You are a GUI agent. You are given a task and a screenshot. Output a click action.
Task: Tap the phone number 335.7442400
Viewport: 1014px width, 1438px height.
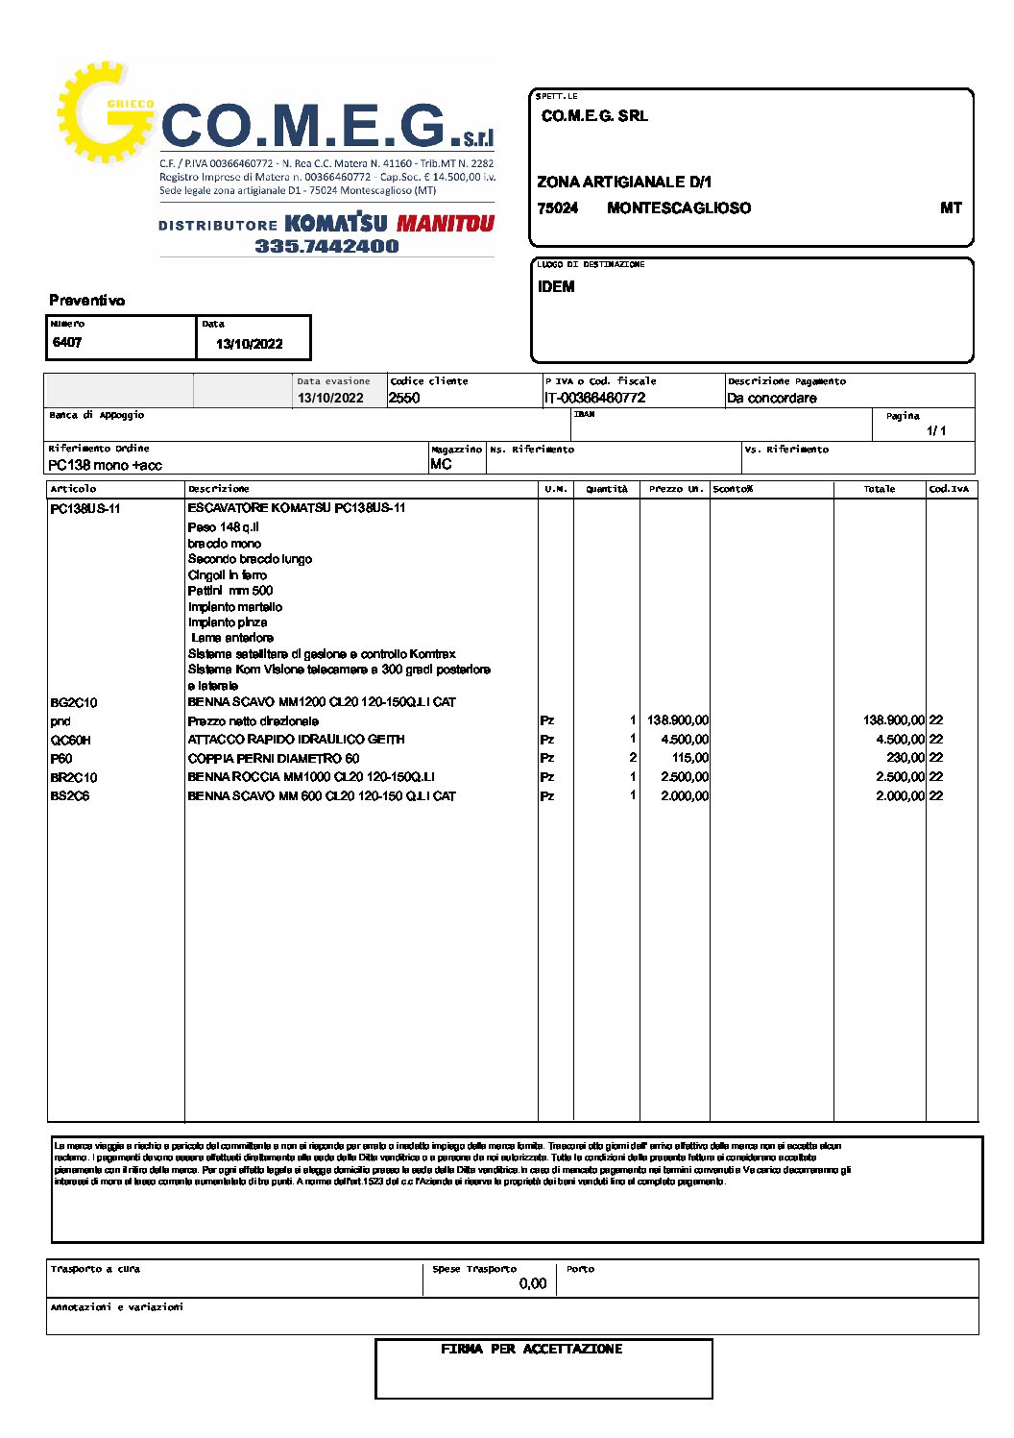(x=326, y=246)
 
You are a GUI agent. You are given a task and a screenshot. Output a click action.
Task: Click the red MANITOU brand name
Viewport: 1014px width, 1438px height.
(x=446, y=224)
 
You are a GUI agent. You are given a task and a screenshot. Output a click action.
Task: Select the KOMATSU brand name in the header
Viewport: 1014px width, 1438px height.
(x=336, y=224)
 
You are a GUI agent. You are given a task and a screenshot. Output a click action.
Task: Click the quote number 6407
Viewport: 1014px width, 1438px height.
(x=67, y=343)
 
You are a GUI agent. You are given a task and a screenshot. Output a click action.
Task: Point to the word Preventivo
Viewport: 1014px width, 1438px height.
(x=87, y=301)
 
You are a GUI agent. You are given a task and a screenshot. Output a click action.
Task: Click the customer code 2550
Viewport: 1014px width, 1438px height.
(x=404, y=398)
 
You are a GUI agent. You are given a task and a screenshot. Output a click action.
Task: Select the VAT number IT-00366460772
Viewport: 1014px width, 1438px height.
(x=595, y=398)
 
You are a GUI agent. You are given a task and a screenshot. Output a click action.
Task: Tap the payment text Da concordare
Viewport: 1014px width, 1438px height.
(x=772, y=398)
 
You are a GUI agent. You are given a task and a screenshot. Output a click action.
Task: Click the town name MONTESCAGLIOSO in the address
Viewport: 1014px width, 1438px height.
(x=679, y=208)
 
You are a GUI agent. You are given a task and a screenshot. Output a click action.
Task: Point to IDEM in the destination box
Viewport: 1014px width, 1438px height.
(x=556, y=287)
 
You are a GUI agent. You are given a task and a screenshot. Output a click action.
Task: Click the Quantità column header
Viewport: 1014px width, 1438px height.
(x=607, y=489)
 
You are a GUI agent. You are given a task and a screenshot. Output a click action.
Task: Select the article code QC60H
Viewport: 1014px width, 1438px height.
(x=71, y=741)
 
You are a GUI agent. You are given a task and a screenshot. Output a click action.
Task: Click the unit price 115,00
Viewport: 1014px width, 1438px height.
(x=690, y=758)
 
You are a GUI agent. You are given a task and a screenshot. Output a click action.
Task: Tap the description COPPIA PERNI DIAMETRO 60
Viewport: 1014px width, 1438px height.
(x=274, y=759)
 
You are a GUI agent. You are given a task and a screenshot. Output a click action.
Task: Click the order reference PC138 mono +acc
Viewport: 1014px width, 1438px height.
(x=105, y=465)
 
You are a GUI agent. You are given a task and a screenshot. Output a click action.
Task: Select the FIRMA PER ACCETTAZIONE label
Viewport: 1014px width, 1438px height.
(x=532, y=1350)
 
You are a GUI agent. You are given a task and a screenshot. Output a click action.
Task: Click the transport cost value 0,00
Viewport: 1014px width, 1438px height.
(x=533, y=1283)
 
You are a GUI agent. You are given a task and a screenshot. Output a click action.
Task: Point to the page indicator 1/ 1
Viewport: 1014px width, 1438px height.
(x=936, y=430)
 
